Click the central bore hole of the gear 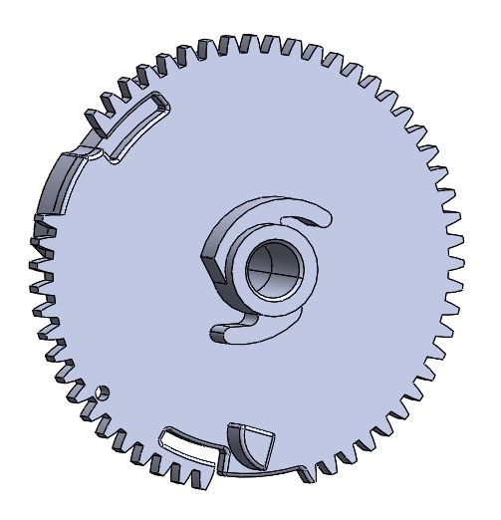click(271, 270)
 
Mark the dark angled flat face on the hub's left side click(212, 264)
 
